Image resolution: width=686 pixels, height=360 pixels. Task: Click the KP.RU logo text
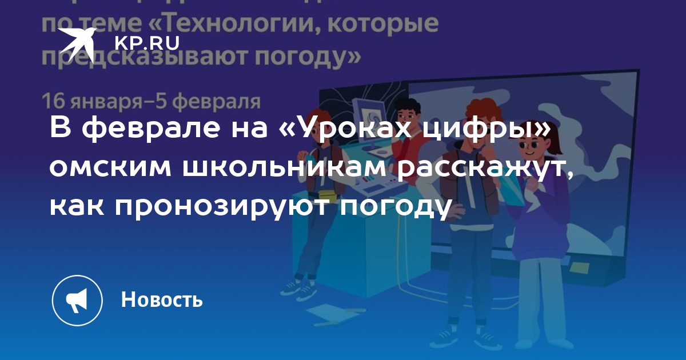tap(147, 43)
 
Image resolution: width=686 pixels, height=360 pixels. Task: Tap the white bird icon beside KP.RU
tap(77, 44)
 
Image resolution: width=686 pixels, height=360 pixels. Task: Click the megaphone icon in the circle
tap(77, 301)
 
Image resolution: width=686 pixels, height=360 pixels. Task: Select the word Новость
tap(162, 299)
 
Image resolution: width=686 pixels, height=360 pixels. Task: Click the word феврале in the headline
tap(151, 127)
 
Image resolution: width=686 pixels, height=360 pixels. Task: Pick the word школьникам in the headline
tap(284, 168)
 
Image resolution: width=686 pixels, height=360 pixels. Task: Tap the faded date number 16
tap(53, 101)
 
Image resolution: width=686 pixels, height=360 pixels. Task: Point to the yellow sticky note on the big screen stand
tap(579, 268)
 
